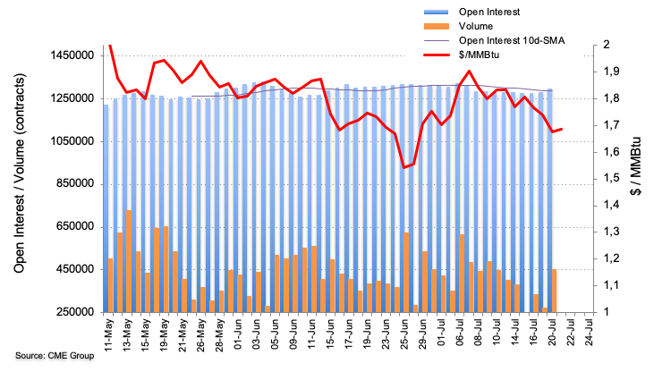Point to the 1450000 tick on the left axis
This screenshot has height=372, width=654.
click(72, 55)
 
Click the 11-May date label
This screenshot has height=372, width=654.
click(110, 335)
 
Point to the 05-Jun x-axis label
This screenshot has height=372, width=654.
click(280, 335)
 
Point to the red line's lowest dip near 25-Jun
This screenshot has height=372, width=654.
click(405, 167)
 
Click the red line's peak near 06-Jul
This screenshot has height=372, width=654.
click(469, 71)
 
